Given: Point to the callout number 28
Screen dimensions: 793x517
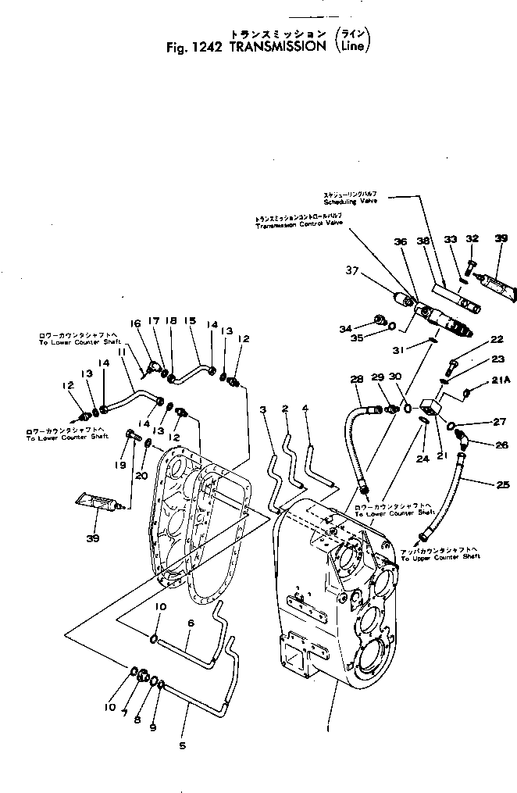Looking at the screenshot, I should pyautogui.click(x=357, y=379).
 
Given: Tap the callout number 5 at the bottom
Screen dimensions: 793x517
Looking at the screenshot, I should pyautogui.click(x=182, y=745).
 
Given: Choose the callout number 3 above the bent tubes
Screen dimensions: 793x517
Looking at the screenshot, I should pyautogui.click(x=263, y=409).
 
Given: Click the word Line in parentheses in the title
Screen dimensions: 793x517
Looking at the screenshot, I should pyautogui.click(x=349, y=46).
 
